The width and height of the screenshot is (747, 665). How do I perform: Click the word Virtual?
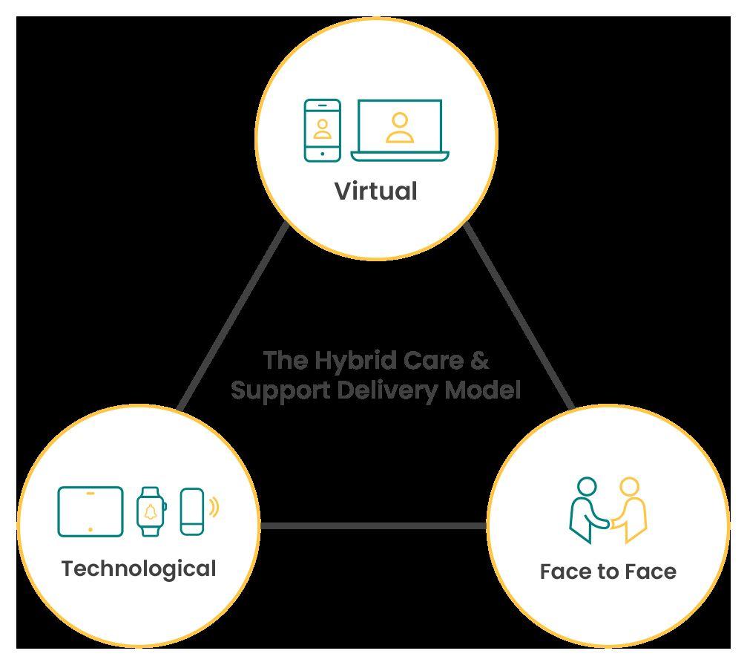pyautogui.click(x=375, y=191)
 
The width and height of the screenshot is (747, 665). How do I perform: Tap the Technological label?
pyautogui.click(x=139, y=569)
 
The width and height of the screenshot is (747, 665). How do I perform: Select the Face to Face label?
pyautogui.click(x=608, y=571)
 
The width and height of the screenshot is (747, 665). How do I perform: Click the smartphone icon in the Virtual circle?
pyautogui.click(x=323, y=130)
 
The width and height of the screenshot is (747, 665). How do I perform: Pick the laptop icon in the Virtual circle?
pyautogui.click(x=400, y=131)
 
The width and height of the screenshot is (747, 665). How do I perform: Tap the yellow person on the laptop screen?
pyautogui.click(x=400, y=128)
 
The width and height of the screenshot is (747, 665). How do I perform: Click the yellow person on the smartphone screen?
pyautogui.click(x=323, y=128)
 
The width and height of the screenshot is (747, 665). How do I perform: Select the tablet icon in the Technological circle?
pyautogui.click(x=91, y=511)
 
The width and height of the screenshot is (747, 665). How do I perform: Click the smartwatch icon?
pyautogui.click(x=151, y=511)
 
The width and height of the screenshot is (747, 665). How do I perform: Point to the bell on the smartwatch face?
pyautogui.click(x=151, y=511)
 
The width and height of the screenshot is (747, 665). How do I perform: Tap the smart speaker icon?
pyautogui.click(x=191, y=511)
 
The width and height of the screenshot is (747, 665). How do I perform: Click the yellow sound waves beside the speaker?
pyautogui.click(x=214, y=508)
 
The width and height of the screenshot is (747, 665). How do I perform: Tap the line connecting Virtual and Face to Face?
pyautogui.click(x=519, y=315)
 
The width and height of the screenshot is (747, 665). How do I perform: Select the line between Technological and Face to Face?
pyautogui.click(x=373, y=526)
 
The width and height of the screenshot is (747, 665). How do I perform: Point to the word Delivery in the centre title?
pyautogui.click(x=399, y=390)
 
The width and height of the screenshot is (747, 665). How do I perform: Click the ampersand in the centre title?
pyautogui.click(x=480, y=361)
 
